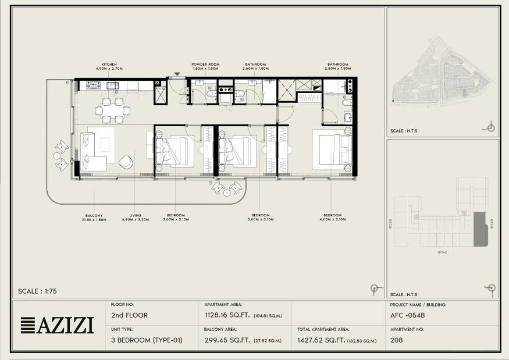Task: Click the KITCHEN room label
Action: pyautogui.click(x=109, y=65)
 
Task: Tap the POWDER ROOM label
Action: pyautogui.click(x=205, y=65)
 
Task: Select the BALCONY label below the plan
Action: pyautogui.click(x=94, y=216)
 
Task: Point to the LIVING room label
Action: pyautogui.click(x=136, y=215)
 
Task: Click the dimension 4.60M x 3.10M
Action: pyautogui.click(x=332, y=219)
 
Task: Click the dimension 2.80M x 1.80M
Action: pyautogui.click(x=338, y=69)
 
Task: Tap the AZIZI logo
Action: pyautogui.click(x=58, y=325)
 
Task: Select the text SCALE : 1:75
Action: pyautogui.click(x=37, y=291)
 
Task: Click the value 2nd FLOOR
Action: pyautogui.click(x=129, y=315)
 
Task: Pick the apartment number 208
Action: pyautogui.click(x=396, y=340)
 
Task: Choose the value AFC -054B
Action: pyautogui.click(x=407, y=315)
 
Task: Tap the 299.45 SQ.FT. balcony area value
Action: pyautogui.click(x=227, y=340)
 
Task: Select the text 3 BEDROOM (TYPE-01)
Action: pyautogui.click(x=147, y=340)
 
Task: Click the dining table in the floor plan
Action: pyautogui.click(x=113, y=111)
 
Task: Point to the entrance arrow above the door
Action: pyautogui.click(x=177, y=74)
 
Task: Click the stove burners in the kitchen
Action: pyautogui.click(x=94, y=85)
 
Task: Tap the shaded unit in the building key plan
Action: pyautogui.click(x=480, y=230)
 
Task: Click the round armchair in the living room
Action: pyautogui.click(x=126, y=162)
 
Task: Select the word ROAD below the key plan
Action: pyautogui.click(x=443, y=252)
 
